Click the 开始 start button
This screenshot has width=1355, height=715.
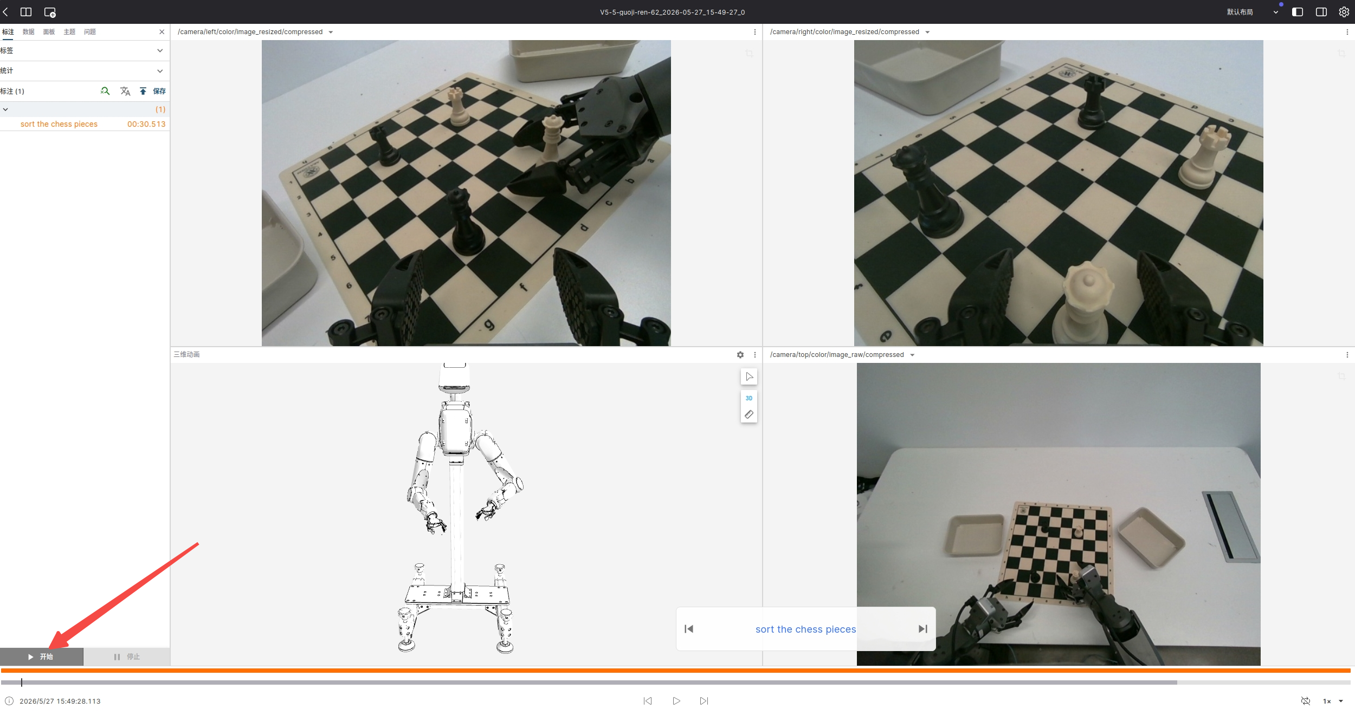pos(41,656)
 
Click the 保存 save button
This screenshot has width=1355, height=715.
pos(159,91)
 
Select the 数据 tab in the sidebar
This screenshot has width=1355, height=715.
pos(28,32)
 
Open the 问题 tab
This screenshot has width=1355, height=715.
pos(90,32)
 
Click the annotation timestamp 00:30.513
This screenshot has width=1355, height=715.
pos(146,124)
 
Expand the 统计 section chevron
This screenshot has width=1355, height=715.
pos(160,71)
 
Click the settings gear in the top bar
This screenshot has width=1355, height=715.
pos(1344,12)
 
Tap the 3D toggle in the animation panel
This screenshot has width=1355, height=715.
pos(749,398)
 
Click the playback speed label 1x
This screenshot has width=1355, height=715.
pos(1327,701)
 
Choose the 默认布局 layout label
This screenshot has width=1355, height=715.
pos(1240,12)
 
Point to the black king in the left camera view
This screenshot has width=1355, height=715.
pos(464,221)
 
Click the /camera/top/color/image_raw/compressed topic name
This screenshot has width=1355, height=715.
pos(837,355)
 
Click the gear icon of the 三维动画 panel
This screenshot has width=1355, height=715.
pos(740,355)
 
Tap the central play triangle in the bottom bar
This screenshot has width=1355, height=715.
pos(676,701)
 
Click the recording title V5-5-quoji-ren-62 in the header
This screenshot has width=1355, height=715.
pos(672,12)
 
